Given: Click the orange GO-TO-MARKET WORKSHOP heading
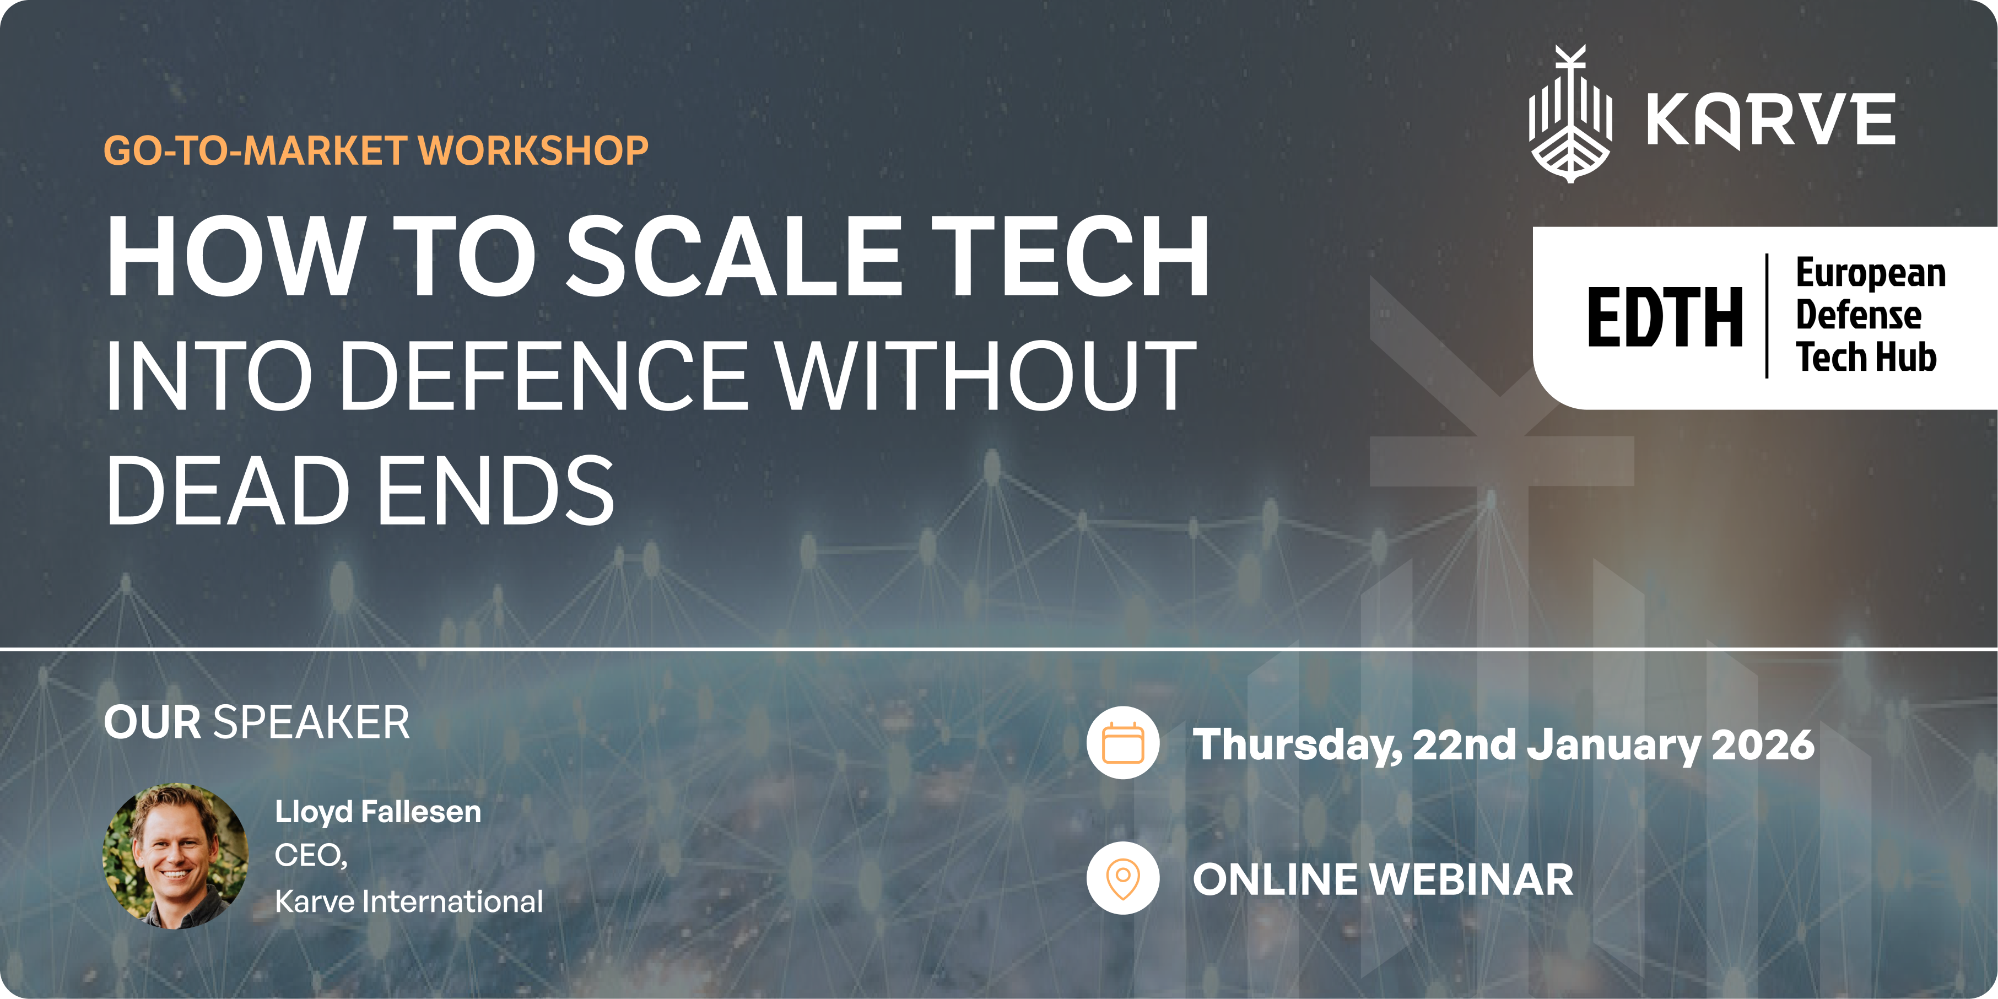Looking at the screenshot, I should pos(376,150).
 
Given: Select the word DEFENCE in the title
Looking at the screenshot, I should pos(543,375).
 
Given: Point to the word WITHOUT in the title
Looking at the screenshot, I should pos(986,375).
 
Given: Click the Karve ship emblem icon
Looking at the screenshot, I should pos(1570,115).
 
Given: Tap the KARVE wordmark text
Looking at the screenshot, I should pos(1771,120).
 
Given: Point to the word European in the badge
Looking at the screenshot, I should pos(1871,273).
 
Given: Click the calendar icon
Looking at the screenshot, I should pos(1122,743).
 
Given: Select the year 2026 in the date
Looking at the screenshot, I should pos(1762,744).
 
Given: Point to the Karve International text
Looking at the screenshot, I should pos(409,901).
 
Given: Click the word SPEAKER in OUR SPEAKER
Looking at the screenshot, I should pos(311,723).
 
